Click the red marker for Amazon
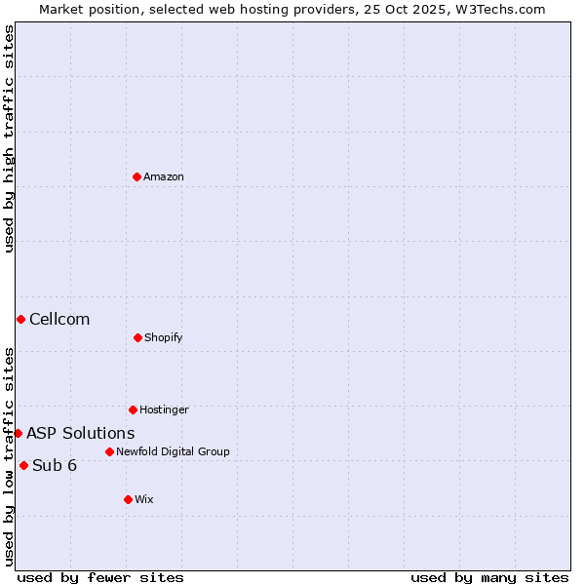click(136, 176)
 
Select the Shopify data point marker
click(137, 337)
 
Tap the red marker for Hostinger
click(133, 409)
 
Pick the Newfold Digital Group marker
click(109, 451)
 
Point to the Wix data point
click(128, 499)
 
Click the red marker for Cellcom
click(20, 319)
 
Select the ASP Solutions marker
click(18, 433)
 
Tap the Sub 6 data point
click(23, 465)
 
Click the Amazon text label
click(164, 176)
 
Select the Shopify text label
click(164, 337)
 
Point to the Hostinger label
click(164, 409)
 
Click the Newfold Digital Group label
click(174, 451)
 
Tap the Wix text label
click(144, 499)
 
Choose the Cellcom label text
click(59, 319)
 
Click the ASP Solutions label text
click(81, 433)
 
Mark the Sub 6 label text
click(55, 465)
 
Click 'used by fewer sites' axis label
click(100, 577)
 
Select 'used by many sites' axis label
click(489, 577)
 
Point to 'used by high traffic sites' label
click(9, 138)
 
